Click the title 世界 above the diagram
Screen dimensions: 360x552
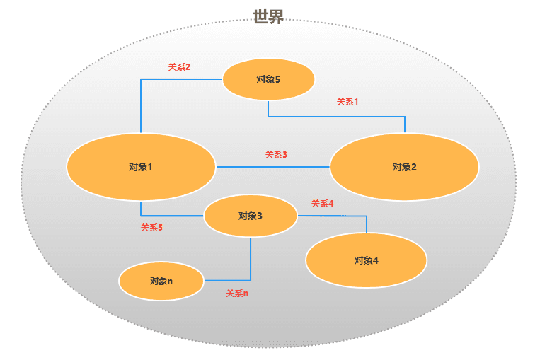(268, 17)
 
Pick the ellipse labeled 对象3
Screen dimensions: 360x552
(250, 216)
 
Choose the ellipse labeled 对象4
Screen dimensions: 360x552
(366, 260)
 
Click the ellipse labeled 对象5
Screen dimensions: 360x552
(268, 79)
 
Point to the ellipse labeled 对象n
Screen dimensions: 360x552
(161, 281)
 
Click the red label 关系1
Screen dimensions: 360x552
(347, 102)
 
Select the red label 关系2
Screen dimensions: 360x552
(179, 67)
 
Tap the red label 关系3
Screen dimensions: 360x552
(276, 154)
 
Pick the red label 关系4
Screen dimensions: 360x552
(322, 204)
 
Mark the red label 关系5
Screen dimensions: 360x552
(151, 228)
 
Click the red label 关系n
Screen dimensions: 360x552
(237, 293)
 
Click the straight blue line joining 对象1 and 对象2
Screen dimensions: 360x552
(272, 167)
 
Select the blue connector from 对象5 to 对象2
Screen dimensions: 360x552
(336, 116)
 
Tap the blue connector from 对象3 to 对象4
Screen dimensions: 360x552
(333, 216)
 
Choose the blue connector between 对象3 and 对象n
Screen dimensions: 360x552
(251, 262)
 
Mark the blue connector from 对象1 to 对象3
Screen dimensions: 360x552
(170, 215)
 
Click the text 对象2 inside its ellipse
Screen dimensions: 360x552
(404, 168)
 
